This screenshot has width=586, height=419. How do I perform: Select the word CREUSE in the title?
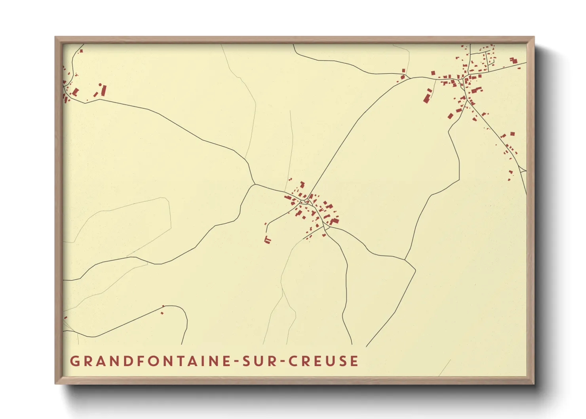pyautogui.click(x=323, y=361)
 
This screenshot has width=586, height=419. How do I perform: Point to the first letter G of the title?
pyautogui.click(x=74, y=361)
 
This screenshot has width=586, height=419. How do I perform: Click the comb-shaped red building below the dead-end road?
pyautogui.click(x=267, y=240)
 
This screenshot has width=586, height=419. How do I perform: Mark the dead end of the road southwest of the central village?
pyautogui.click(x=266, y=232)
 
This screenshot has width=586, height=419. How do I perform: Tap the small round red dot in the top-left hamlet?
pyautogui.click(x=100, y=84)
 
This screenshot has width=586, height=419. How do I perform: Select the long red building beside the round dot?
pyautogui.click(x=104, y=91)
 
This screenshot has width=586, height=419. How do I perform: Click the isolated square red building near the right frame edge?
pyautogui.click(x=512, y=134)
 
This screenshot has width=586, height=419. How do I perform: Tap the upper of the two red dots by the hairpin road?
pyautogui.click(x=163, y=306)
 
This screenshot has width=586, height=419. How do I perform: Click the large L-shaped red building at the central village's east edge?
pyautogui.click(x=334, y=221)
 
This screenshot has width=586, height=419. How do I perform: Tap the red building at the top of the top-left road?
pyautogui.click(x=81, y=51)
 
